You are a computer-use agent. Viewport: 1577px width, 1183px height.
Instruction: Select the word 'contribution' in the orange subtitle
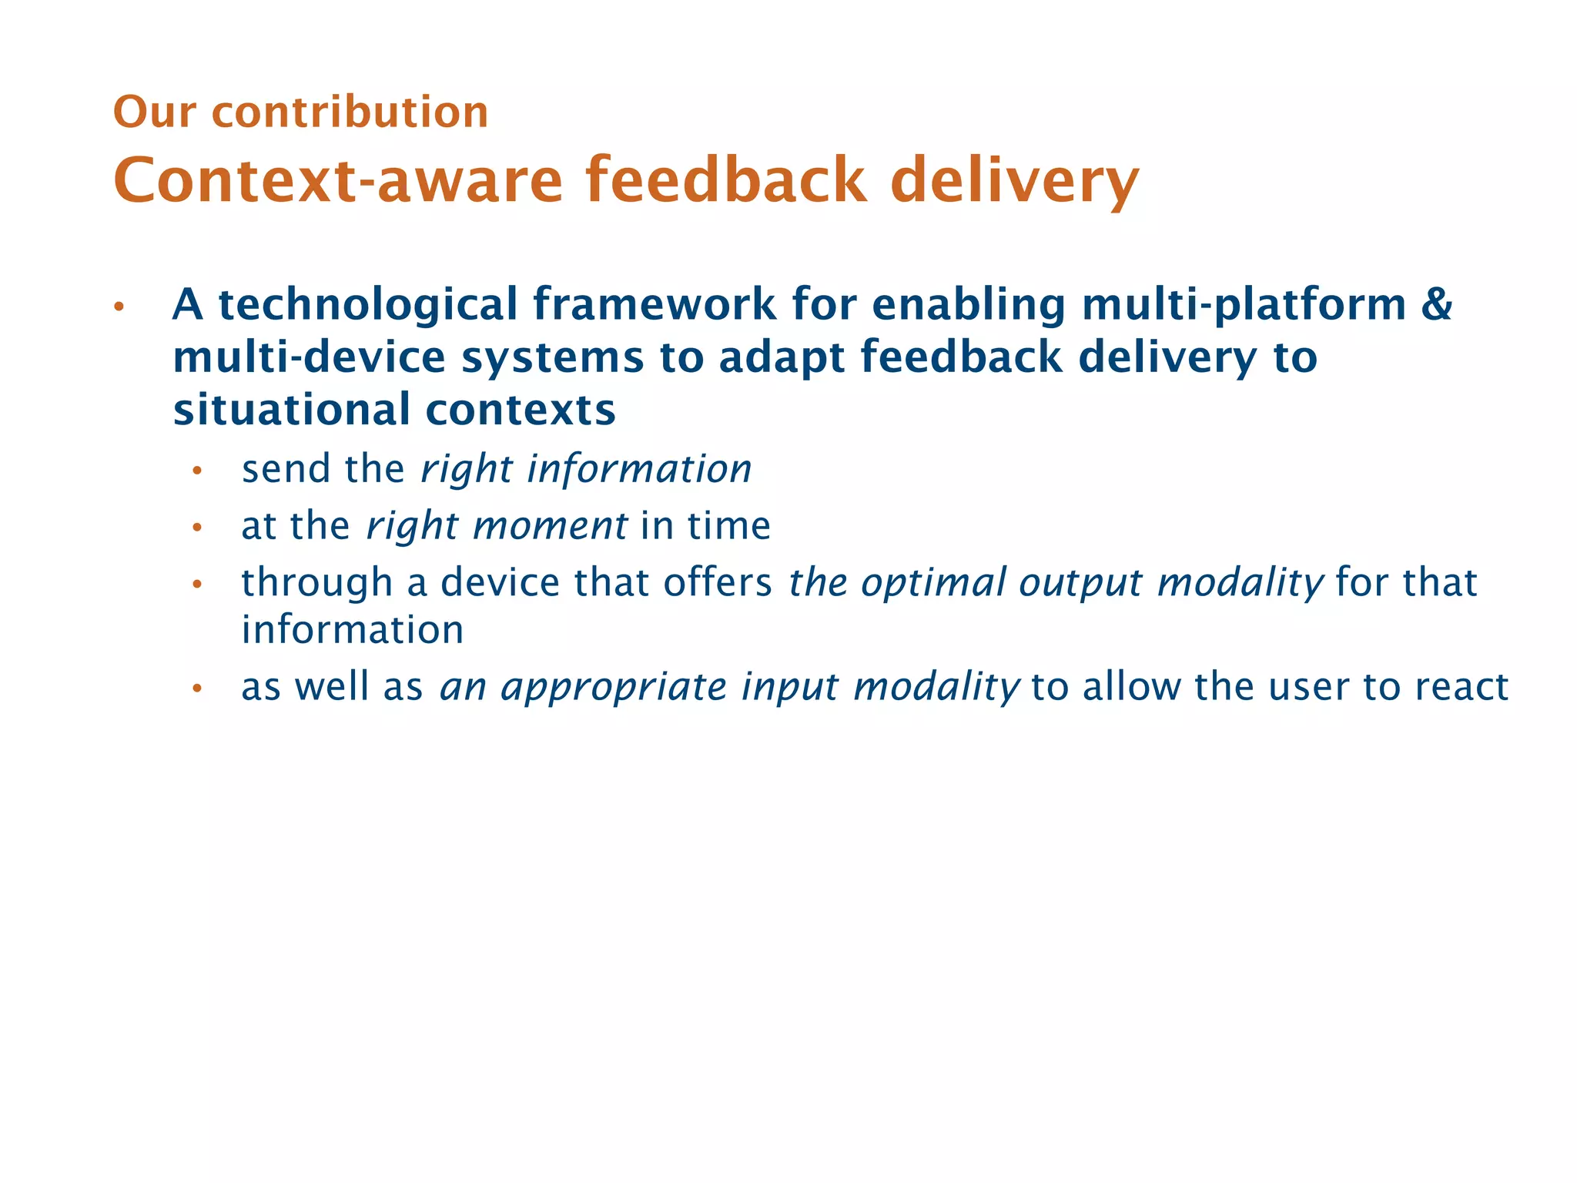tap(350, 112)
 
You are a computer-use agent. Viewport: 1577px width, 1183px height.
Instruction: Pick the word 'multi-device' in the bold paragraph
tap(309, 357)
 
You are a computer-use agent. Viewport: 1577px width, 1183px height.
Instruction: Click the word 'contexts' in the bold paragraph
tap(521, 410)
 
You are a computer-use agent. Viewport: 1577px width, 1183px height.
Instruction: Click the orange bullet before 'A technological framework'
tap(119, 307)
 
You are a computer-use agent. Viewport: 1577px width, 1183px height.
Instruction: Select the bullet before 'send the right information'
tap(197, 471)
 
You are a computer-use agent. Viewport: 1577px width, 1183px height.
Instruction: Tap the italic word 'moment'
tap(550, 526)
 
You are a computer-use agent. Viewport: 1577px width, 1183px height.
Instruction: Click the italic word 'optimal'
tap(932, 582)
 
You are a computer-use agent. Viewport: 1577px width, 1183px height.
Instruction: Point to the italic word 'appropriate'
tap(613, 687)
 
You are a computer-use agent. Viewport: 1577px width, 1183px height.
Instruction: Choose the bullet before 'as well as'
tap(197, 689)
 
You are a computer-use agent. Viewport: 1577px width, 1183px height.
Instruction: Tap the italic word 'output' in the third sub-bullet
tap(1080, 584)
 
